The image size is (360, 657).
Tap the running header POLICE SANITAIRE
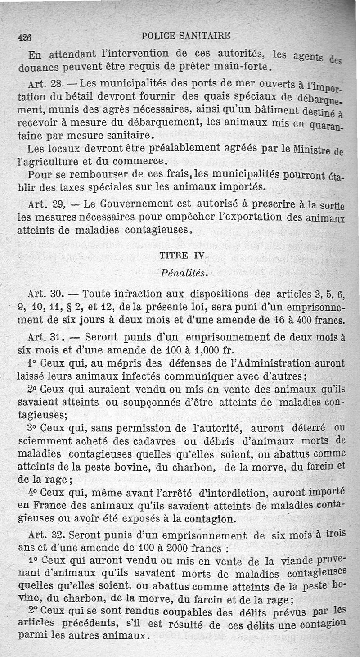pyautogui.click(x=186, y=36)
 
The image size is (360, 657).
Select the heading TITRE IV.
pyautogui.click(x=183, y=256)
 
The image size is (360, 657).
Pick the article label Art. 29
pyautogui.click(x=45, y=204)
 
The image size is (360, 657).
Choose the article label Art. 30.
pyautogui.click(x=45, y=295)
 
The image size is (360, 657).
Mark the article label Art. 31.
pyautogui.click(x=45, y=336)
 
